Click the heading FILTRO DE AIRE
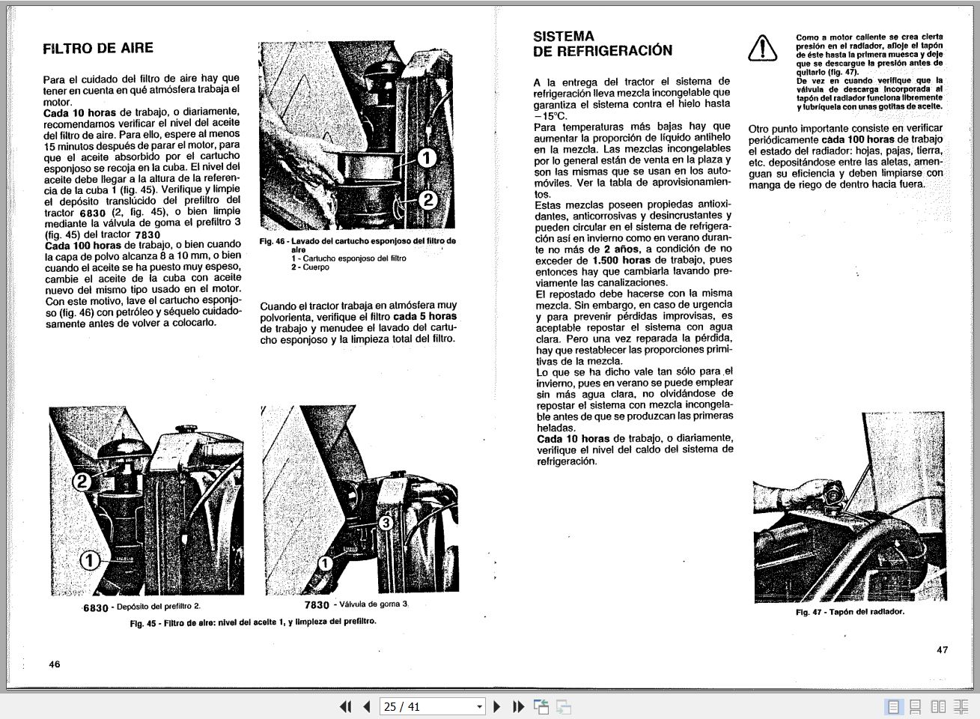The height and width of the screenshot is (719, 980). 98,48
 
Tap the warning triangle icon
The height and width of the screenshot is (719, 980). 762,48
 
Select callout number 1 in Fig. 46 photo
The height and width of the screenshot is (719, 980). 426,158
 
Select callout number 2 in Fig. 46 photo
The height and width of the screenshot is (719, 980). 427,199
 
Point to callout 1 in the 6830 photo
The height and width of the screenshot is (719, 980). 89,559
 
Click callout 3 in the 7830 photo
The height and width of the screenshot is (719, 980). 385,523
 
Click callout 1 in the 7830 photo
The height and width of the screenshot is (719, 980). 326,563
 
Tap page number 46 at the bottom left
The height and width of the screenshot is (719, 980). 55,664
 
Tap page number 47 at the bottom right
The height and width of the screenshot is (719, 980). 942,649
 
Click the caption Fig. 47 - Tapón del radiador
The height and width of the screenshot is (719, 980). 850,611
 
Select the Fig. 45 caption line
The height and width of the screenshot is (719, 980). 253,622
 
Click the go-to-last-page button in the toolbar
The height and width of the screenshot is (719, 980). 518,706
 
